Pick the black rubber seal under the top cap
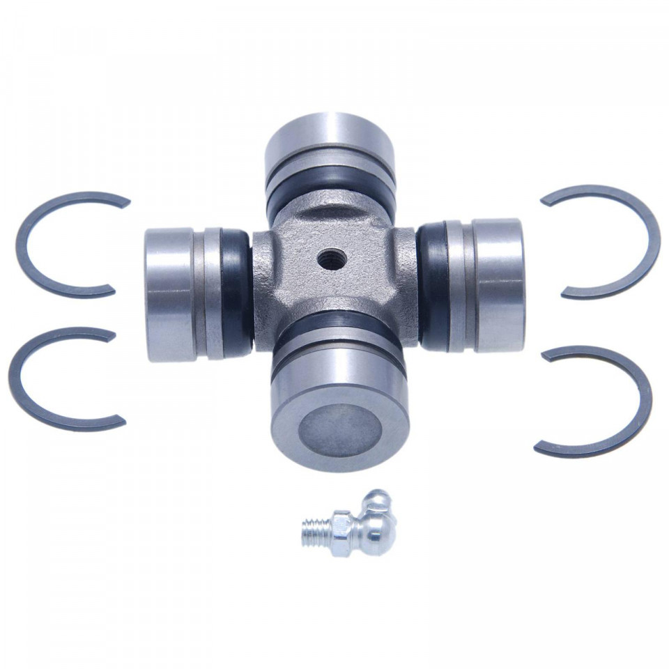(331, 192)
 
